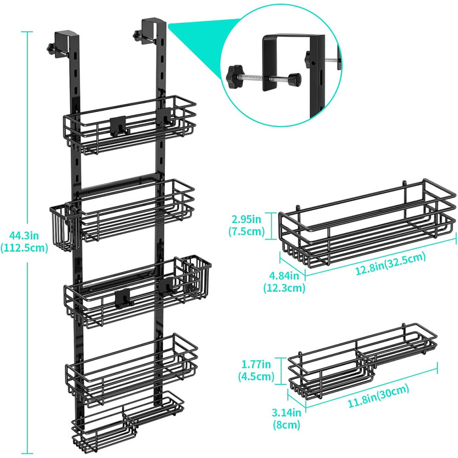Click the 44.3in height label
[x=24, y=235]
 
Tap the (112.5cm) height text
[x=24, y=248]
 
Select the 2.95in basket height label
[x=246, y=219]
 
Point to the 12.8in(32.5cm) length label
[x=390, y=264]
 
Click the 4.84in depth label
[x=284, y=275]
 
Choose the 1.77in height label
[x=256, y=364]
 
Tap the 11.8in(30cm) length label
[x=378, y=396]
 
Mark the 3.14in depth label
[x=286, y=412]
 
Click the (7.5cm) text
[x=246, y=232]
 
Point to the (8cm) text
[x=286, y=425]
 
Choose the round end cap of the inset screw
[x=294, y=79]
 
